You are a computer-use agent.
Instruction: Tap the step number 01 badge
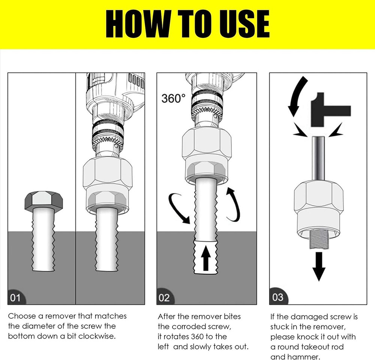(15, 298)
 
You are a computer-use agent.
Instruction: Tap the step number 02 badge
(164, 298)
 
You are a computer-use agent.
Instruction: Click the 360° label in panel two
(173, 99)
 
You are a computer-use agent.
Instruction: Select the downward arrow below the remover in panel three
(319, 266)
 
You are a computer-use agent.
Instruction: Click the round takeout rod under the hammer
(318, 159)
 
